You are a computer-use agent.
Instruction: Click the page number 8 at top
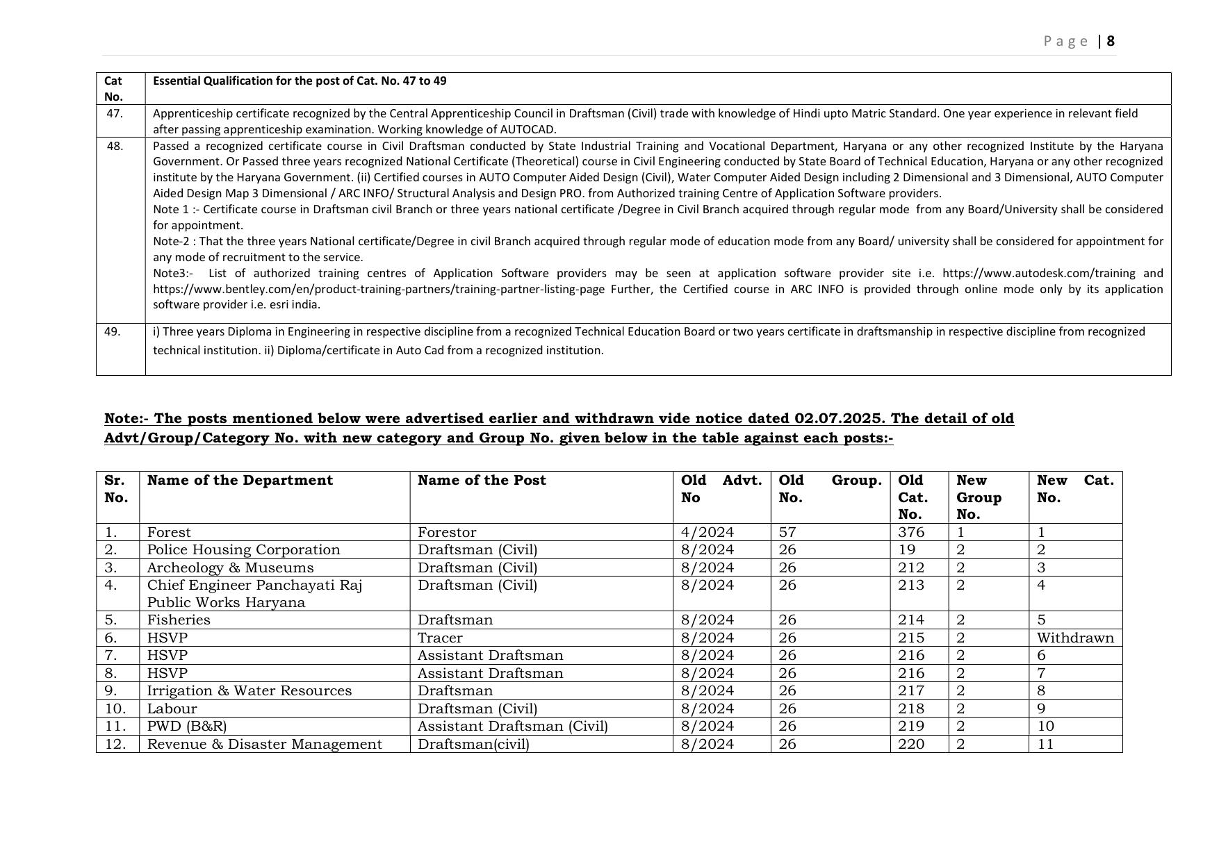point(1111,41)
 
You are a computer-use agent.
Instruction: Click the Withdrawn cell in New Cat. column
point(1074,638)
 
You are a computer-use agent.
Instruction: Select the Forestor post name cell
point(447,533)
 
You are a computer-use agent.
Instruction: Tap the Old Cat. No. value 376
point(910,533)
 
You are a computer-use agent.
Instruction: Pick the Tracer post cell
point(440,638)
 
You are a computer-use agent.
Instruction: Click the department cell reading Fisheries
point(179,620)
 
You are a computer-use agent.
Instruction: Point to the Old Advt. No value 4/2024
point(707,533)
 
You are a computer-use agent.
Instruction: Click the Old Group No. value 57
point(787,533)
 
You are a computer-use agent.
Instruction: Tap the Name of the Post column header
point(482,481)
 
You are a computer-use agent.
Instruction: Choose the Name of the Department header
point(240,481)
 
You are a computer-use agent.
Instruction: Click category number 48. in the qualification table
point(115,146)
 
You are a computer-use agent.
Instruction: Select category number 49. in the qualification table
point(112,332)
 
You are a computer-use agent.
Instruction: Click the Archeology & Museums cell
point(230,567)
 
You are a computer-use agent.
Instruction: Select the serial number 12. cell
point(115,744)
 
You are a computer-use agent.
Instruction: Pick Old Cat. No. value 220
point(910,744)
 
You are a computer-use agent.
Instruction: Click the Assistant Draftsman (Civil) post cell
point(512,726)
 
